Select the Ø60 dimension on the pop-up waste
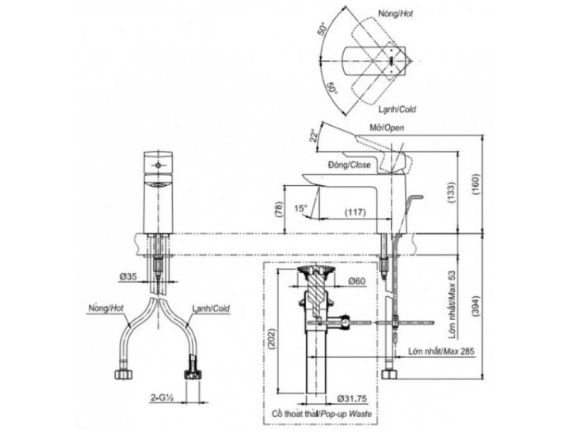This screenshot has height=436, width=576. pyautogui.click(x=356, y=281)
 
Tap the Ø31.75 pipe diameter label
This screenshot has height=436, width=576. pyautogui.click(x=351, y=398)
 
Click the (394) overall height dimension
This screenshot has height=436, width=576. pyautogui.click(x=475, y=305)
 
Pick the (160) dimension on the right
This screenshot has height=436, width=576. pyautogui.click(x=476, y=184)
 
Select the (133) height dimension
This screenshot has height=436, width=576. pyautogui.click(x=451, y=192)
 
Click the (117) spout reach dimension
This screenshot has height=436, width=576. pyautogui.click(x=355, y=212)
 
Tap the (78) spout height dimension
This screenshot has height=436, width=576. pyautogui.click(x=279, y=210)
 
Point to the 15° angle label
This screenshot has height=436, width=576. pyautogui.click(x=300, y=208)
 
